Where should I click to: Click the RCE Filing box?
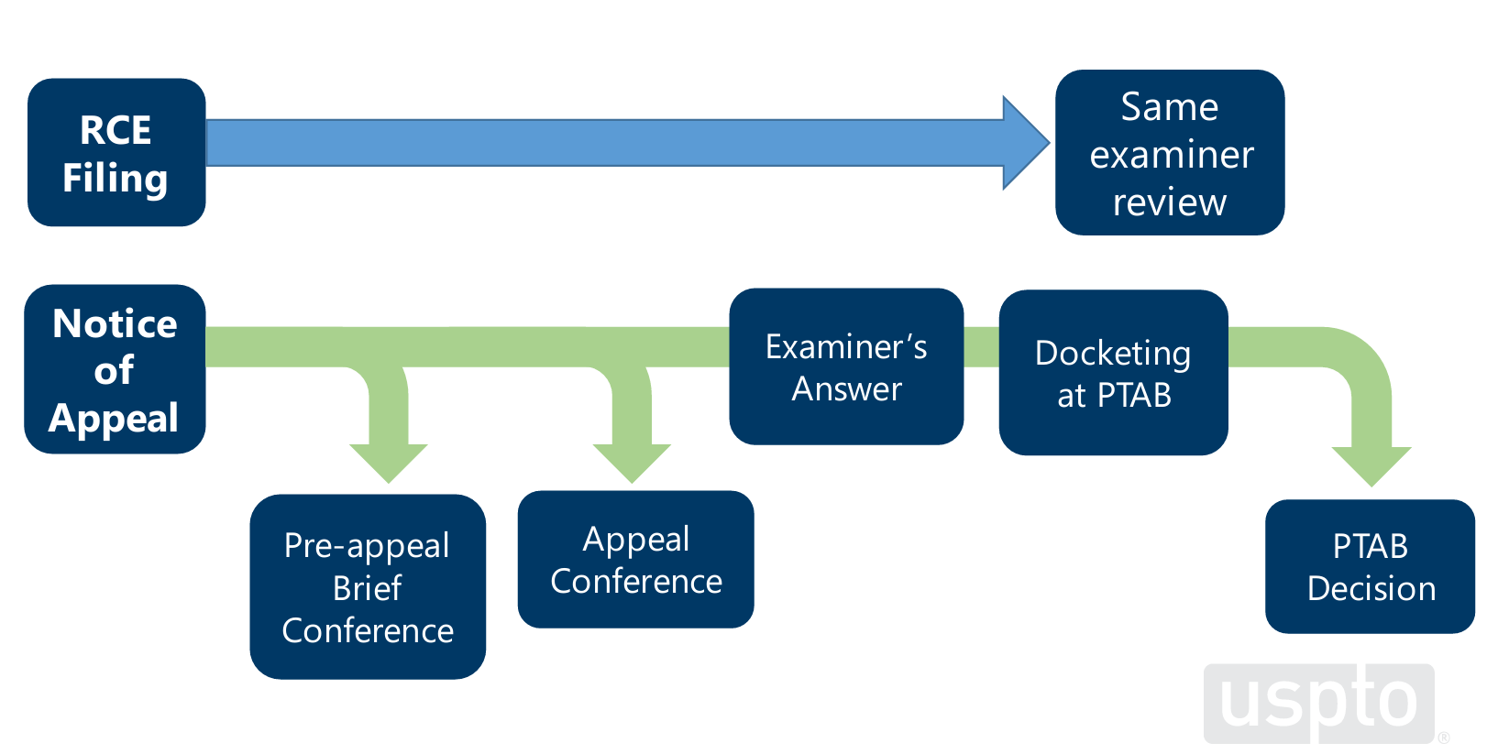116,152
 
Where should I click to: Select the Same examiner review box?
1170,152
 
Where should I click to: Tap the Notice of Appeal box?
115,369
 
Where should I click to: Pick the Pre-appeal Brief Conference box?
368,586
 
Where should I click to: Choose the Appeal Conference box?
635,559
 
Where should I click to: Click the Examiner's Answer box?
846,366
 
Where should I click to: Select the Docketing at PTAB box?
1113,372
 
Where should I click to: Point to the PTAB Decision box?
1370,566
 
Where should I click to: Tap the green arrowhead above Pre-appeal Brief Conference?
389,464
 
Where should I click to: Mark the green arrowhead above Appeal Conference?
632,464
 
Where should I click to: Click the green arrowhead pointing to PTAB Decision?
1371,466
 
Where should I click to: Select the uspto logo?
1319,703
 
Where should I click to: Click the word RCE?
116,130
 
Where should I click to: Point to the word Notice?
115,323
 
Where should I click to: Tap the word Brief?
367,588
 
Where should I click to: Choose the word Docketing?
1113,354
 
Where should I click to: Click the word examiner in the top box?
1172,155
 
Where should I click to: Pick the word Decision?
1371,588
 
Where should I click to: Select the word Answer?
847,389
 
